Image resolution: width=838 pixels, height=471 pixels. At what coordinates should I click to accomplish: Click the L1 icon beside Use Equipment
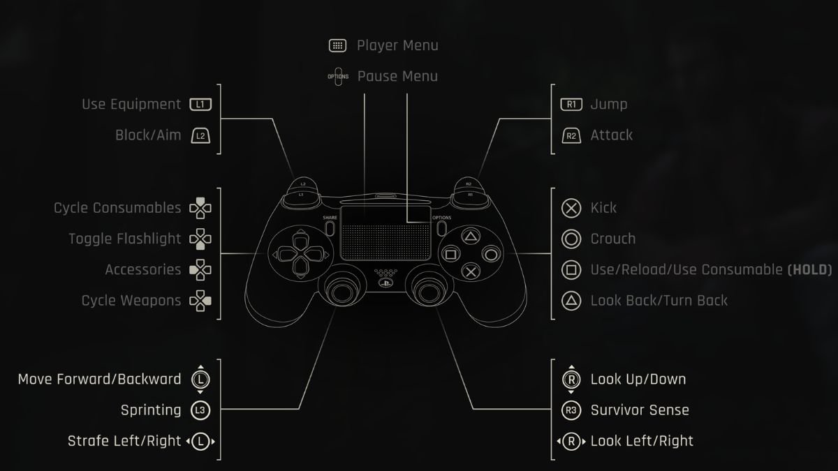click(x=200, y=105)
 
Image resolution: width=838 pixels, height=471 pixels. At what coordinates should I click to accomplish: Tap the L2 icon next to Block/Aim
click(x=200, y=135)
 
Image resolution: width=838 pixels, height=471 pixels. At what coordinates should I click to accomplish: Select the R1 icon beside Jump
click(x=571, y=105)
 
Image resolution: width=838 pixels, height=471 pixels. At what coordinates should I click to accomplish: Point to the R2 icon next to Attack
click(x=571, y=135)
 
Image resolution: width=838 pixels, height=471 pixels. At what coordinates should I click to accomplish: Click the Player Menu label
click(x=397, y=45)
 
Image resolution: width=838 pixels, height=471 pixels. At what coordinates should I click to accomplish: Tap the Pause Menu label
click(x=397, y=76)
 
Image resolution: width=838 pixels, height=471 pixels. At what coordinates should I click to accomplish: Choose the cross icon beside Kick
click(x=571, y=208)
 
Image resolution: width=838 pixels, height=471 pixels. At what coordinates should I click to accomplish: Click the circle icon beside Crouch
click(x=571, y=239)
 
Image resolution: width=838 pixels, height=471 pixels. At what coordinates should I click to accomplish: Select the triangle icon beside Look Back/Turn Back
click(x=571, y=301)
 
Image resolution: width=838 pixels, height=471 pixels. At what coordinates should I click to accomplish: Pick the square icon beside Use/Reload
click(x=571, y=269)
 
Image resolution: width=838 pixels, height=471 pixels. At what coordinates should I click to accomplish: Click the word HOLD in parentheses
click(x=809, y=270)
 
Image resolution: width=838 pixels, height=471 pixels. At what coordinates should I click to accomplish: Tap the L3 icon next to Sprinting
click(x=200, y=410)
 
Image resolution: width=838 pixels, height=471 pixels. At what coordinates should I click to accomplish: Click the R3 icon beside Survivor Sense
click(x=571, y=410)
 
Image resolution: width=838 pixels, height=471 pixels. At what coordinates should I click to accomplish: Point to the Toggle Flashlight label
click(x=124, y=239)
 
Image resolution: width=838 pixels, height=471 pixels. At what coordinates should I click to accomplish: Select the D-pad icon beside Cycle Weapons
click(x=200, y=301)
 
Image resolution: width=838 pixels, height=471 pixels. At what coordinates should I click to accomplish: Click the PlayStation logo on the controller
click(x=383, y=283)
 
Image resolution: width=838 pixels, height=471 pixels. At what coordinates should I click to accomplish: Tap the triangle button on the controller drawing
click(x=471, y=237)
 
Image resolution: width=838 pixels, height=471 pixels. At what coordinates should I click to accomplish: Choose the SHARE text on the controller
click(x=330, y=218)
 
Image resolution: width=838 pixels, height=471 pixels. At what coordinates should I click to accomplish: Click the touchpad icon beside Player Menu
click(x=338, y=45)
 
